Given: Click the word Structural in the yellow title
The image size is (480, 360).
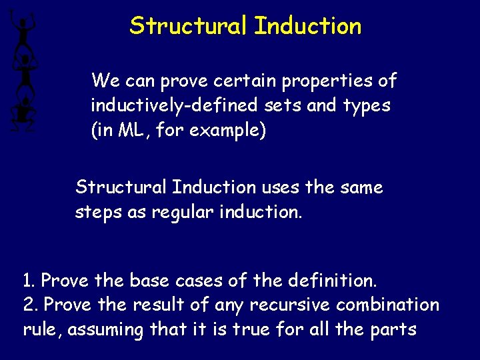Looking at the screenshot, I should click(189, 27).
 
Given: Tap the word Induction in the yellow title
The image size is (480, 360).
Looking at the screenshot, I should click(308, 27).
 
